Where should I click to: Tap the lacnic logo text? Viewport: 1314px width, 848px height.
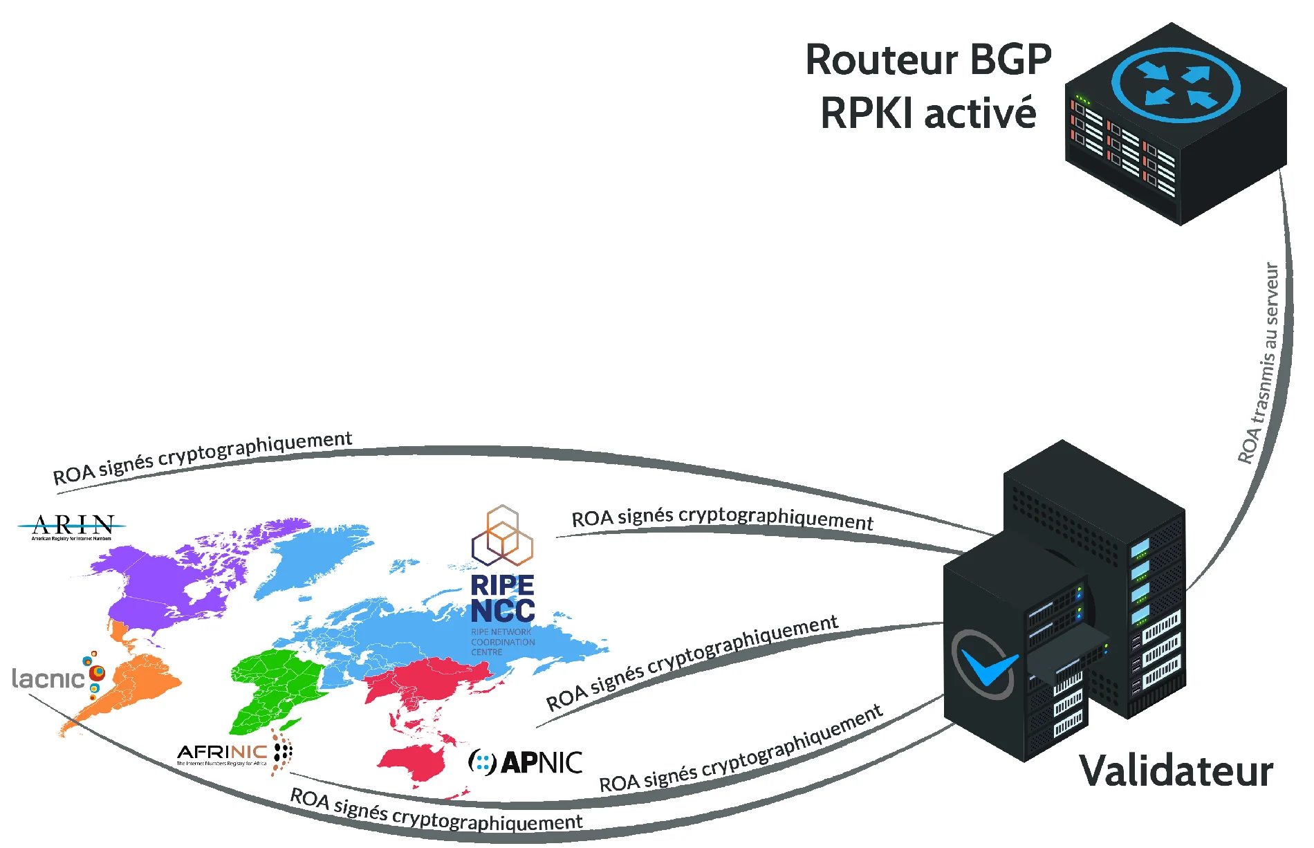(x=48, y=679)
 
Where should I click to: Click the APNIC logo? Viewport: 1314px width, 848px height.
(x=526, y=762)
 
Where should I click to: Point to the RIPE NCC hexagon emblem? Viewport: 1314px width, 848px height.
(x=503, y=535)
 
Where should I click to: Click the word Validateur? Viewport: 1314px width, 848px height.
(x=1176, y=771)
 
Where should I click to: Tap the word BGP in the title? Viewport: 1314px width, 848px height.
(x=1010, y=60)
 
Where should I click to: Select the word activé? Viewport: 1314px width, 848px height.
(x=980, y=113)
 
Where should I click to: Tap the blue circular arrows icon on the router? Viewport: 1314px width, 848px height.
(x=1176, y=84)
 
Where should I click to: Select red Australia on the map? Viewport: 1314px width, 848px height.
(x=415, y=761)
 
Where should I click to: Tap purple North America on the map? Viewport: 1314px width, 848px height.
(x=166, y=581)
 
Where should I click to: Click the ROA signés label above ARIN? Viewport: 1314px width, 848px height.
(x=203, y=458)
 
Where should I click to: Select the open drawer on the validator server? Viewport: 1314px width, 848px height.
(x=1065, y=654)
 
